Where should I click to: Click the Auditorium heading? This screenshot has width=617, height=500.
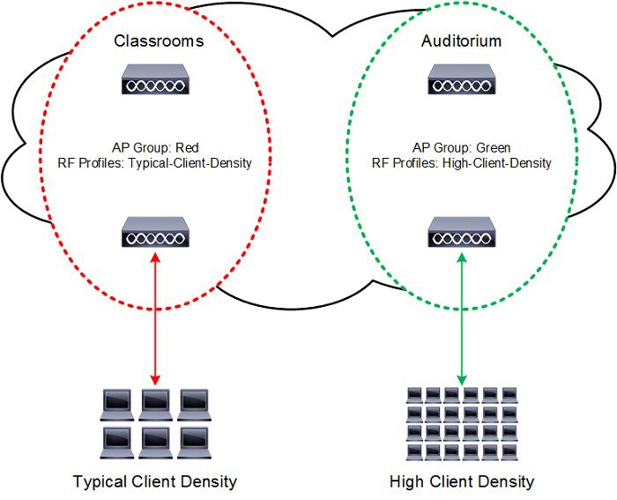click(x=462, y=41)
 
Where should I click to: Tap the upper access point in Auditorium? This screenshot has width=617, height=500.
click(x=461, y=82)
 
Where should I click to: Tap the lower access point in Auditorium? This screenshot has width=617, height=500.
click(x=461, y=233)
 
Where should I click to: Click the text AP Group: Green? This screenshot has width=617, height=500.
click(x=462, y=147)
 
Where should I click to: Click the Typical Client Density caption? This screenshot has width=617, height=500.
click(x=155, y=481)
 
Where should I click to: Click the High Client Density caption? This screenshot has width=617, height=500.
click(x=462, y=481)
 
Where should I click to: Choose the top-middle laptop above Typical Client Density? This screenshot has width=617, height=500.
click(x=155, y=402)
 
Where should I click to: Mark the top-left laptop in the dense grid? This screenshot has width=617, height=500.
click(x=413, y=394)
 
